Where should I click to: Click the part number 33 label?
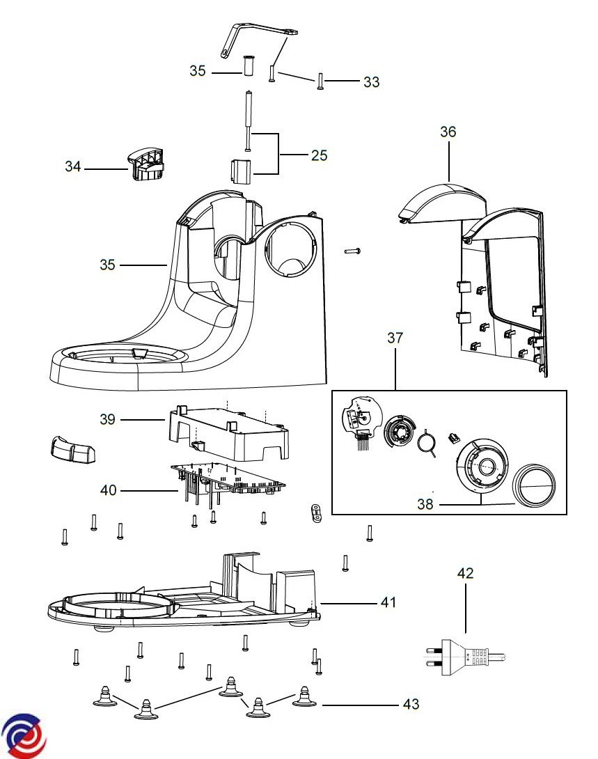point(371,81)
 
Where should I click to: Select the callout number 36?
point(448,132)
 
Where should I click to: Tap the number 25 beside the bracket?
point(320,155)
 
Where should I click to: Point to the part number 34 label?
point(73,166)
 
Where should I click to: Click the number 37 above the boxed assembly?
point(395,338)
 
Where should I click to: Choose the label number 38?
point(425,504)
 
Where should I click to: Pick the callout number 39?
point(107,419)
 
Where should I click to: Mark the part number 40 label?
point(109,490)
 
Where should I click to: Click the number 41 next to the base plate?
point(388,602)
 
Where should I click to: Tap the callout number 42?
point(466,574)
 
